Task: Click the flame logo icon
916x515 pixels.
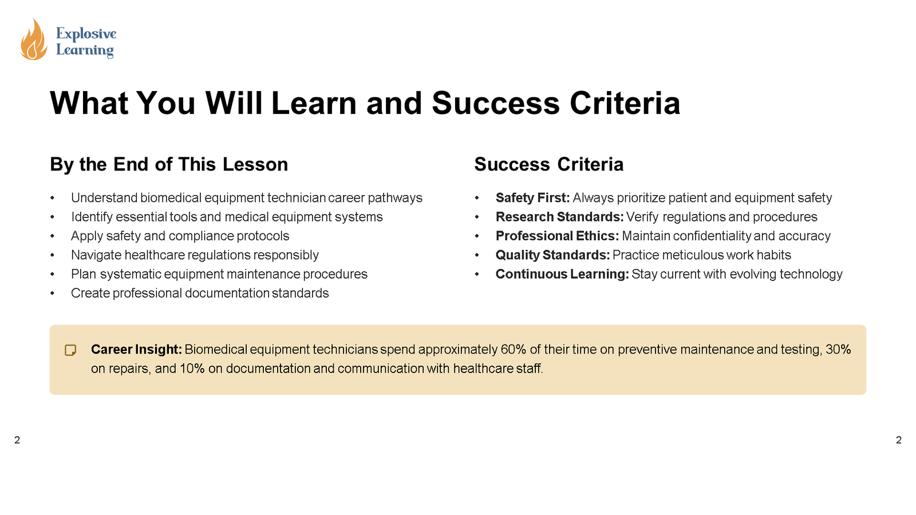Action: point(33,39)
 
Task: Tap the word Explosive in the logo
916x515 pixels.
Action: point(86,34)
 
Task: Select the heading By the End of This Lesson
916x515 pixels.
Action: point(169,164)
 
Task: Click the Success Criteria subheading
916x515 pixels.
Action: point(548,164)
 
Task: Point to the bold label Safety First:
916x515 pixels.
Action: point(532,198)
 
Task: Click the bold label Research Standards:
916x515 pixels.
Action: point(559,217)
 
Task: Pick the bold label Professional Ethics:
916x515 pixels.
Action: point(557,236)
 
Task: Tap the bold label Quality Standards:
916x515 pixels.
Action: point(552,255)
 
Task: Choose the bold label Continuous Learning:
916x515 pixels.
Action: point(562,274)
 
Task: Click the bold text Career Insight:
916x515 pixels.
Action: point(136,350)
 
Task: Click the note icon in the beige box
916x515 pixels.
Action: point(70,350)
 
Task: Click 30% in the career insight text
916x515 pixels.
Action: point(838,350)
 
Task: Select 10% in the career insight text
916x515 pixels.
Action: point(192,369)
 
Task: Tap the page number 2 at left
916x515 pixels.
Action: point(17,440)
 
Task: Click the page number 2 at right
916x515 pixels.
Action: point(898,440)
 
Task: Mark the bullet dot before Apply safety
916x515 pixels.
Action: point(52,236)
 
